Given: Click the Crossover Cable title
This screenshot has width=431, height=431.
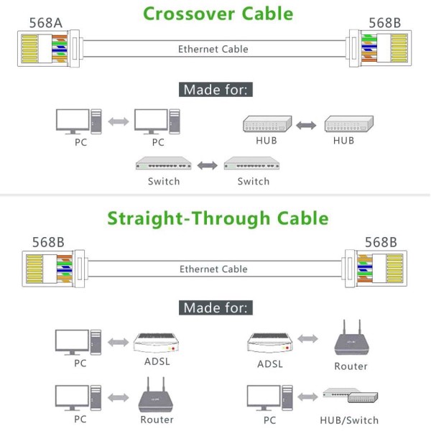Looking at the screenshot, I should tap(218, 13).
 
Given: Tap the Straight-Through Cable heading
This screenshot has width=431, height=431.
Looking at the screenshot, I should tap(218, 218).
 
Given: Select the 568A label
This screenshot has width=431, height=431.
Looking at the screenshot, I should tap(45, 22).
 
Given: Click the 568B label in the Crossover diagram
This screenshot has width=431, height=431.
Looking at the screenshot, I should tap(384, 22).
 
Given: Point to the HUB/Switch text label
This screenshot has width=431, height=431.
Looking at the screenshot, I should tap(351, 420).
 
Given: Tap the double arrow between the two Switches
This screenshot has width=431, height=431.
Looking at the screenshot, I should tap(208, 164).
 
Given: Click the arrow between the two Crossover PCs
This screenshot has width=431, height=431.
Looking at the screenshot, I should tap(118, 122).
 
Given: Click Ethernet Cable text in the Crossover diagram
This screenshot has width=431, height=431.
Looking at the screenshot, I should tap(213, 50).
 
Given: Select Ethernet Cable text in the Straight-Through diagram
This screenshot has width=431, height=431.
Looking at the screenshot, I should tap(213, 269).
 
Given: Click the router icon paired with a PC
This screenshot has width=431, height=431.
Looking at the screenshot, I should tap(157, 397).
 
